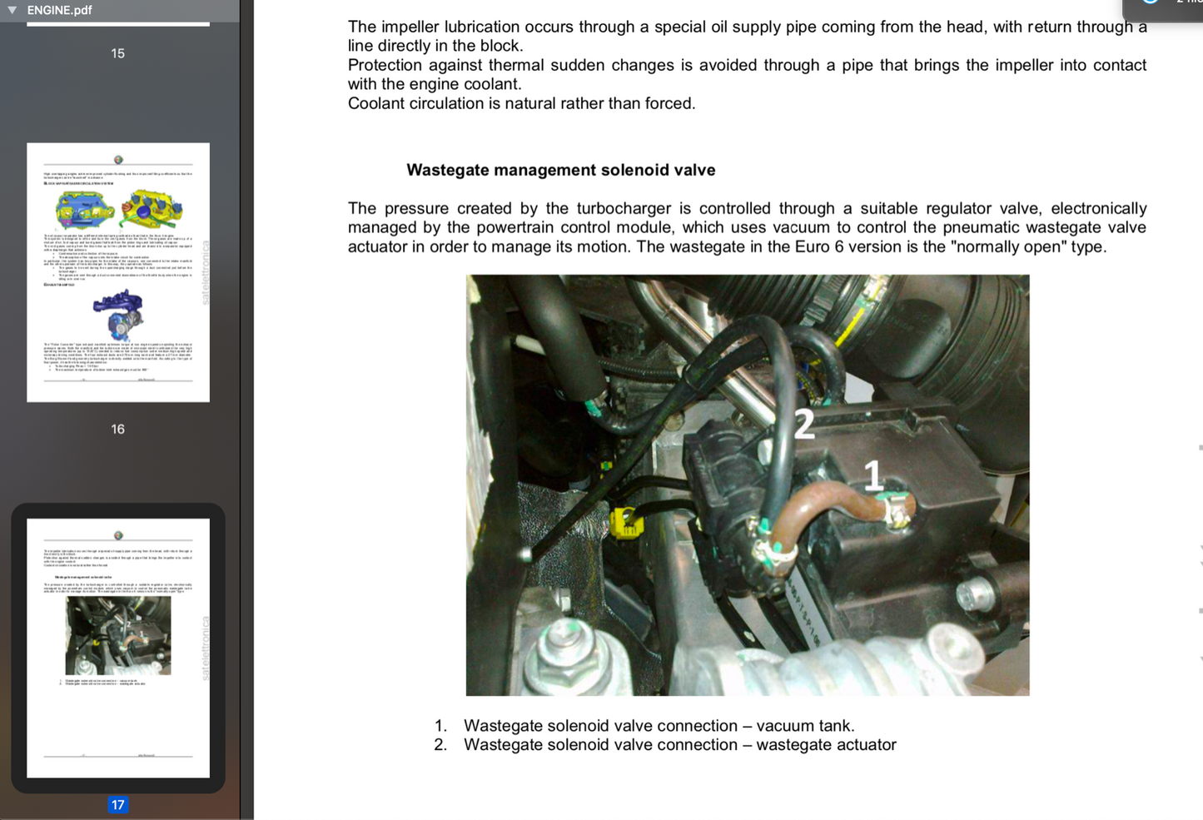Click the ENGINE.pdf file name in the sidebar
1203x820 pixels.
(x=59, y=10)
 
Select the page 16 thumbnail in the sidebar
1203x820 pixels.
(x=118, y=272)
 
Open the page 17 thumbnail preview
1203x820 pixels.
(x=118, y=648)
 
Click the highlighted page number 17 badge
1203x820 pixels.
(x=117, y=804)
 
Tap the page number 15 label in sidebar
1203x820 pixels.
(x=117, y=53)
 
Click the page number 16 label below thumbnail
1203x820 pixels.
(x=117, y=429)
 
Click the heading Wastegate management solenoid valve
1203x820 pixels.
(x=560, y=170)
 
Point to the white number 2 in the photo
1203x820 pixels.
(x=803, y=424)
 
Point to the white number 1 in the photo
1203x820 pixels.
(x=872, y=476)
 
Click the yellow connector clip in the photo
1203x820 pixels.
(x=624, y=523)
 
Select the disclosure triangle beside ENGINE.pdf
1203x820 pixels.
(x=12, y=10)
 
